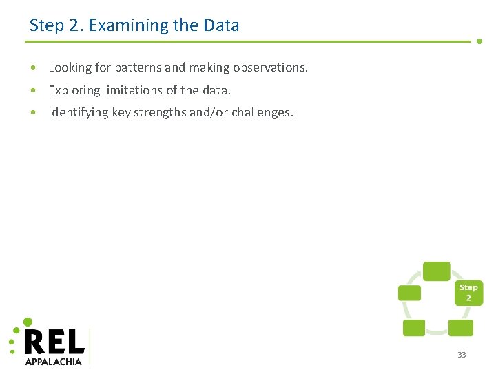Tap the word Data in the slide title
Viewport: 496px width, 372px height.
[221, 25]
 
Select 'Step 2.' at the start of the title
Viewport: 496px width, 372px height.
[56, 25]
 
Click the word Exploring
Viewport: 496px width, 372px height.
[74, 90]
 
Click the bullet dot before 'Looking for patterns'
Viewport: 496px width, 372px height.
[33, 68]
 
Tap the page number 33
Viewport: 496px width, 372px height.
[462, 355]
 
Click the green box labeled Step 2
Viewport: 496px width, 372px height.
[468, 293]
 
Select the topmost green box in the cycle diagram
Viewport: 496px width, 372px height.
[436, 271]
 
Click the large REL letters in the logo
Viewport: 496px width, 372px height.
[54, 342]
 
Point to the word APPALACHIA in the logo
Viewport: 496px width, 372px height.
[53, 361]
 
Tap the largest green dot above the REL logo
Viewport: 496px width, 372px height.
[28, 322]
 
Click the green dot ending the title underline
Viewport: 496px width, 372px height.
[479, 41]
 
